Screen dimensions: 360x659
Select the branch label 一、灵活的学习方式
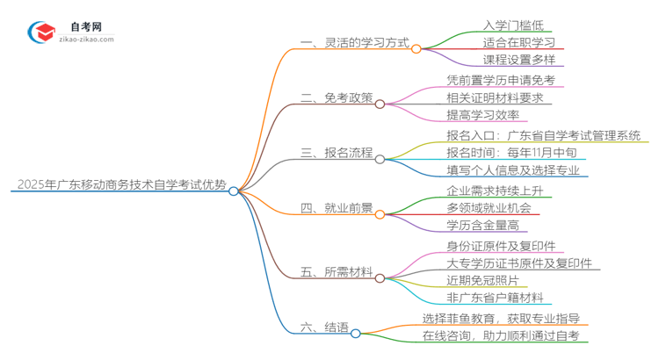point(350,44)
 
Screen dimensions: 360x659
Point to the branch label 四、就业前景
point(337,211)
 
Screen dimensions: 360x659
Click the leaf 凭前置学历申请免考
point(500,80)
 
